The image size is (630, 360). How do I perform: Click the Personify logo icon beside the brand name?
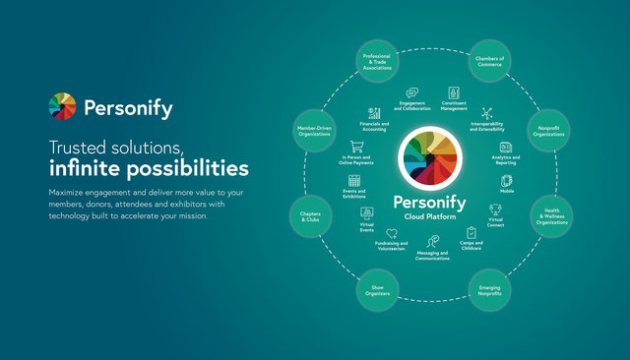click(x=62, y=105)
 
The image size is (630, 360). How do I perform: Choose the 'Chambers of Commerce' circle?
click(x=489, y=62)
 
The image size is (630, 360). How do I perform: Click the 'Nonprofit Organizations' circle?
click(x=549, y=131)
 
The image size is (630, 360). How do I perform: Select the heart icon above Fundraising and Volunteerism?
click(x=392, y=233)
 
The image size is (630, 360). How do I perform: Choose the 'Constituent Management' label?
click(x=454, y=106)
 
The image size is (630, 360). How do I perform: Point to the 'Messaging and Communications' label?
click(x=432, y=255)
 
